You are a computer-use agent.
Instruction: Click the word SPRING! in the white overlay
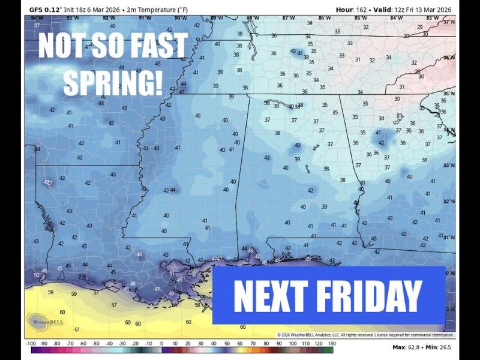113,83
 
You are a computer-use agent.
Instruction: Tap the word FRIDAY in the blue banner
369,296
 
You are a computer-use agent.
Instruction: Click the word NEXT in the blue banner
269,296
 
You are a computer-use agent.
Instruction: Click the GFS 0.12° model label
44,10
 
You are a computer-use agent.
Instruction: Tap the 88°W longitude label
253,18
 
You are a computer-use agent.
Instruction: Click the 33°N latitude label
449,165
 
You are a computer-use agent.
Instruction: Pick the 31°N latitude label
449,238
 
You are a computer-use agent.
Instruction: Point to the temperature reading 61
77,329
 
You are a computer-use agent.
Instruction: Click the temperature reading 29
419,26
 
